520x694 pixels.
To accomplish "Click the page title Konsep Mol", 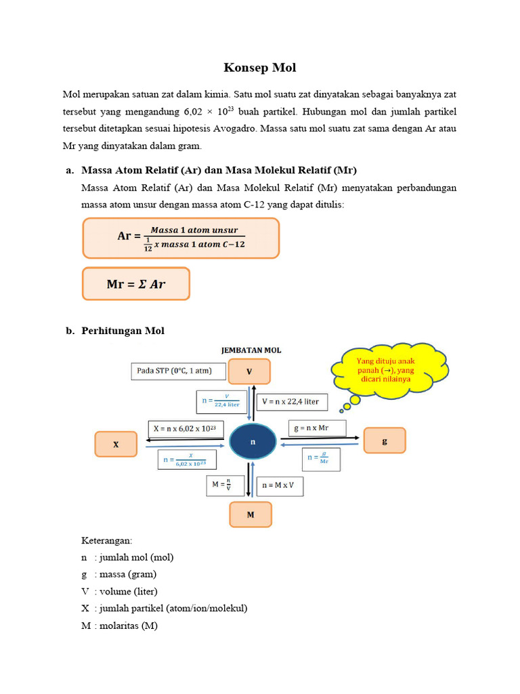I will pos(260,68).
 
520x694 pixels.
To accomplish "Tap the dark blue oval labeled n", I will pos(253,442).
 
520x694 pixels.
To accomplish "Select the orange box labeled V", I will pos(249,371).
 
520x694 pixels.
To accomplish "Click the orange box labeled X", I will pos(116,445).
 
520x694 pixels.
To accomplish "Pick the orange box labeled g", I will pos(385,441).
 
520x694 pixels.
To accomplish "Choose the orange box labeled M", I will pos(250,514).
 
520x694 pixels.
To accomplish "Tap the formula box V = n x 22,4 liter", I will pos(290,401).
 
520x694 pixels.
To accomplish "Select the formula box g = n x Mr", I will pos(317,428).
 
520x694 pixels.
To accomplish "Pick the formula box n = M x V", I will pos(282,485).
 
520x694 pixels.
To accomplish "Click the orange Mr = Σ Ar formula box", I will pos(136,284).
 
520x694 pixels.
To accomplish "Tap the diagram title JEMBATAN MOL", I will pos(251,350).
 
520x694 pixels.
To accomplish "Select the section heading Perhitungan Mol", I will pos(123,331).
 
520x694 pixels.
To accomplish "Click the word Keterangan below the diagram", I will pos(108,541).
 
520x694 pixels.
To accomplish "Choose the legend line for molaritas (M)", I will pos(119,626).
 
